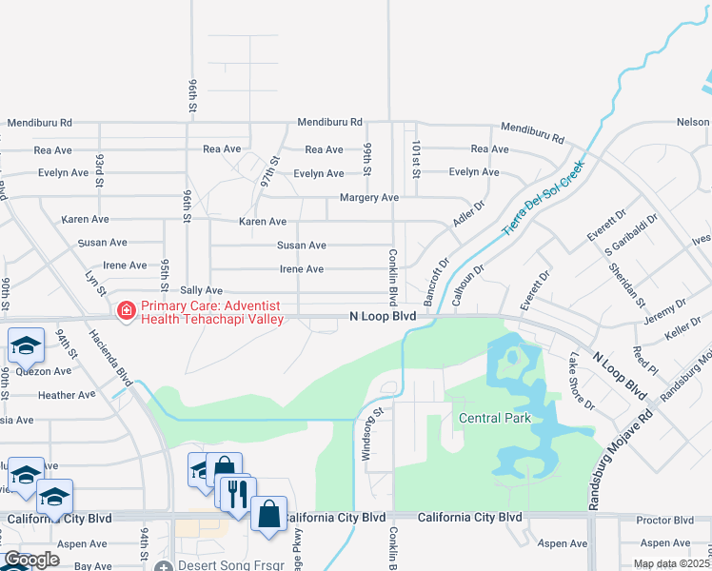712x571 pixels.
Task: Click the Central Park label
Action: pos(494,418)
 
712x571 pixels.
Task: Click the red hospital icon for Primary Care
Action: pos(126,310)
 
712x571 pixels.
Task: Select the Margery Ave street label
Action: pos(369,198)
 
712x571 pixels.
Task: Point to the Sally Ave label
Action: pos(201,290)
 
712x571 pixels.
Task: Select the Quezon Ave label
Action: pos(49,371)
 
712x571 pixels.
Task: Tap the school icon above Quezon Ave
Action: pos(26,345)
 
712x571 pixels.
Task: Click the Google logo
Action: pos(31,560)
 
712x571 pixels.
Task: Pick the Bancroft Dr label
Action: pos(434,281)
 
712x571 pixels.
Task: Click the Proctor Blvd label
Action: pos(664,520)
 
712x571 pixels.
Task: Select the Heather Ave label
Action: pos(67,395)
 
